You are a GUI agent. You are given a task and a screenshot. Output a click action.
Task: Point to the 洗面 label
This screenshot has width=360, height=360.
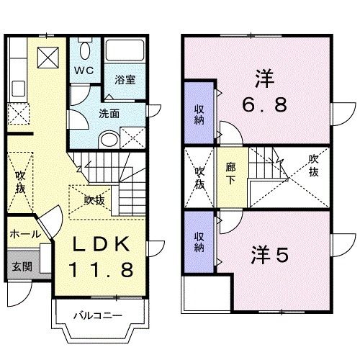109,113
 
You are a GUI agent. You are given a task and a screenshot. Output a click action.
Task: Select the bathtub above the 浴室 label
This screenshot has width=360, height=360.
124,52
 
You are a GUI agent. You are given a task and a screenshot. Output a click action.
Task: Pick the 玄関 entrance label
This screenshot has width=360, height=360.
21,266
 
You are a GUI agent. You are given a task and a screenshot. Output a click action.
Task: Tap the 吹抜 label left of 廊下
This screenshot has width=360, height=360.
200,176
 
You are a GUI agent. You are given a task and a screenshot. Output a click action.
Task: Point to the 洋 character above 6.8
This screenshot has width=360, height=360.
264,76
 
